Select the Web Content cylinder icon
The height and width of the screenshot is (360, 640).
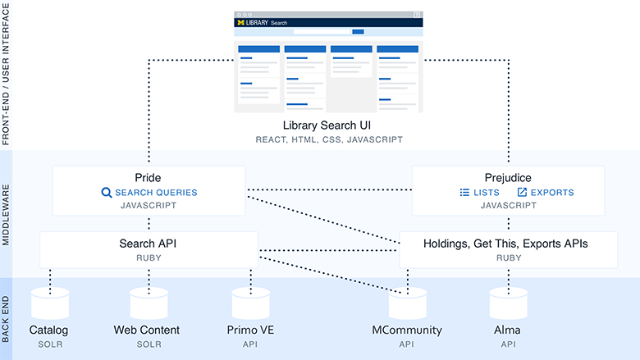click(149, 303)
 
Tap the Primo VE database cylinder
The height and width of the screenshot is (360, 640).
click(249, 303)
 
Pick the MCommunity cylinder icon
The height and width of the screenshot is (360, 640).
click(408, 303)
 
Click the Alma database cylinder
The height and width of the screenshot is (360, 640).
click(509, 303)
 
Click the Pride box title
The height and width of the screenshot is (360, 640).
click(149, 177)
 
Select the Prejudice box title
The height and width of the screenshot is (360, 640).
click(507, 177)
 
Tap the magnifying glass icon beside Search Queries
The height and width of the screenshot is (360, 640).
click(106, 193)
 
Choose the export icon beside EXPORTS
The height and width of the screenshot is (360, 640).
click(522, 193)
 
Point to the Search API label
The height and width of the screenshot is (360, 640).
click(149, 243)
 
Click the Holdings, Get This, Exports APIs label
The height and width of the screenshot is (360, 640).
click(505, 243)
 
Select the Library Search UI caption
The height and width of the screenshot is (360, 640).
click(327, 125)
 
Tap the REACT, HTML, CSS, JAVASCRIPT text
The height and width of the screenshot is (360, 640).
click(327, 140)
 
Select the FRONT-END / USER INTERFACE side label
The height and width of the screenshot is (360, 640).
click(7, 74)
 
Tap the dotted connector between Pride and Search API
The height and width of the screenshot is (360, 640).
click(149, 222)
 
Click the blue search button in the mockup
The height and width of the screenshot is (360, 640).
click(358, 32)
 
